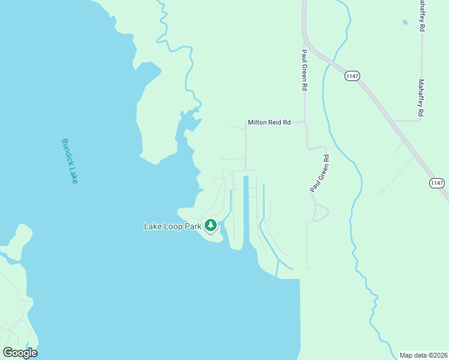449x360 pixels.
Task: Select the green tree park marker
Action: tap(210, 226)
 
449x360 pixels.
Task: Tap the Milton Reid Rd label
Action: tap(269, 122)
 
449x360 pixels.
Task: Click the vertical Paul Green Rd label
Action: tap(304, 70)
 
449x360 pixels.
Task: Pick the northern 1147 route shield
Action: tap(352, 76)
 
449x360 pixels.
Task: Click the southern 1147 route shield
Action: tap(437, 183)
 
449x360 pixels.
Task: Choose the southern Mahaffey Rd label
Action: tap(421, 98)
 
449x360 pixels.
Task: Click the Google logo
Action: tap(20, 353)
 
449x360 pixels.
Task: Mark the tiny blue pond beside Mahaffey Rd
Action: tap(405, 22)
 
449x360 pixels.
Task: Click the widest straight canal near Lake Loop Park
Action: tap(246, 210)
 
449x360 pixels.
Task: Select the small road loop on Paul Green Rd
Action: tap(322, 212)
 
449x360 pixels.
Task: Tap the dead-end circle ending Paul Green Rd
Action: tap(308, 269)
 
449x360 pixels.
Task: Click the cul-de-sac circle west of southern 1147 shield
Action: tap(382, 191)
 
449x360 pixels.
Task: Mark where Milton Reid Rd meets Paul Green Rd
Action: tap(305, 122)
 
